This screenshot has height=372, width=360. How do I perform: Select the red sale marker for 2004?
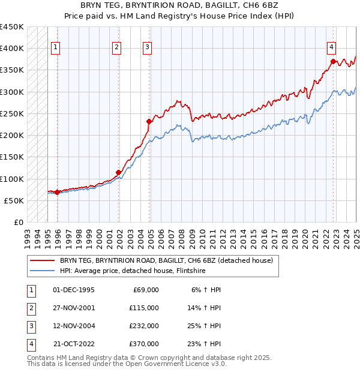coord(149,121)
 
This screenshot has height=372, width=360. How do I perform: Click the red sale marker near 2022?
coord(333,61)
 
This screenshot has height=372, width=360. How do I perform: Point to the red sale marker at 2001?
coord(119,172)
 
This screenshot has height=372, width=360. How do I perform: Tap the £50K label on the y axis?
coord(14,200)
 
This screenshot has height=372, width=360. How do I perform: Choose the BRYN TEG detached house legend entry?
coord(166,260)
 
